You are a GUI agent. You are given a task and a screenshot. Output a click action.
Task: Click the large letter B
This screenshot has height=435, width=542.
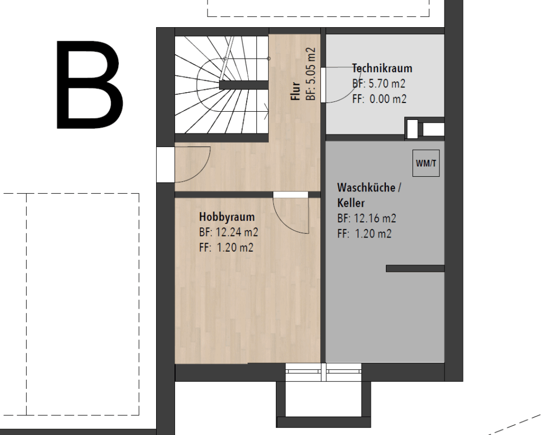tap(89, 85)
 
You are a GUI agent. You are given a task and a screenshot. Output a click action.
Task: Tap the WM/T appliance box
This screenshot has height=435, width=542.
tap(426, 163)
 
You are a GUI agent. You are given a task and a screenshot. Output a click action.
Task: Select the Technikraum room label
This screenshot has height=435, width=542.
tap(382, 68)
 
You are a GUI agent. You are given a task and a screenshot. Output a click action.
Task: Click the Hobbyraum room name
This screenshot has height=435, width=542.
tap(227, 217)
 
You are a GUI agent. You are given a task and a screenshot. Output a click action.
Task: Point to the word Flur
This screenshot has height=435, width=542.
tap(295, 91)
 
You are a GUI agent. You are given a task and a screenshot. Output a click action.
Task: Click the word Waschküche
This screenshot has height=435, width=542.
tap(366, 188)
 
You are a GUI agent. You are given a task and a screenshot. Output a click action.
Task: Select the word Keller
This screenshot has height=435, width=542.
tap(351, 203)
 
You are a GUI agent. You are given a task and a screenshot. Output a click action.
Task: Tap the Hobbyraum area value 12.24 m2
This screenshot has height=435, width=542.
tap(237, 232)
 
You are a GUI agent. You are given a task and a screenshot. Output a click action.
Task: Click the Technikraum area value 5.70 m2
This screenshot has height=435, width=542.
tap(387, 84)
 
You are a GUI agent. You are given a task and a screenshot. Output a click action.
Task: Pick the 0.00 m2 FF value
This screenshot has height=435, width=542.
tap(388, 99)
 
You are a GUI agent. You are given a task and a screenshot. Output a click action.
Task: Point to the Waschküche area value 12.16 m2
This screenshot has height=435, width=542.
tap(375, 218)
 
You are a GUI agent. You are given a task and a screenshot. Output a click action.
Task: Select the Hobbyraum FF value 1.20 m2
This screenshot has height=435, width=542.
tap(235, 247)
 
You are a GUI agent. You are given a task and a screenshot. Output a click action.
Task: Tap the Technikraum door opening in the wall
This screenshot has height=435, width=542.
tap(323, 85)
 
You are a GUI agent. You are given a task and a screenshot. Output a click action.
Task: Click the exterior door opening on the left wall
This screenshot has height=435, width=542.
tap(165, 164)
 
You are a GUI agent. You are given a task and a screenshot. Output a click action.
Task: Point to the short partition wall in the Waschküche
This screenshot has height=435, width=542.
tap(415, 268)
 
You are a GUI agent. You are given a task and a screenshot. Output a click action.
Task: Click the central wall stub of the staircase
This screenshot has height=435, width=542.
tap(244, 85)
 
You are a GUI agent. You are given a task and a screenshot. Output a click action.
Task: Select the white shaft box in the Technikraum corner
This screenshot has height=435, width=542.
tap(412, 129)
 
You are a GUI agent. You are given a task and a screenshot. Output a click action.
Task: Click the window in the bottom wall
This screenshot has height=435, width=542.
tap(324, 372)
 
